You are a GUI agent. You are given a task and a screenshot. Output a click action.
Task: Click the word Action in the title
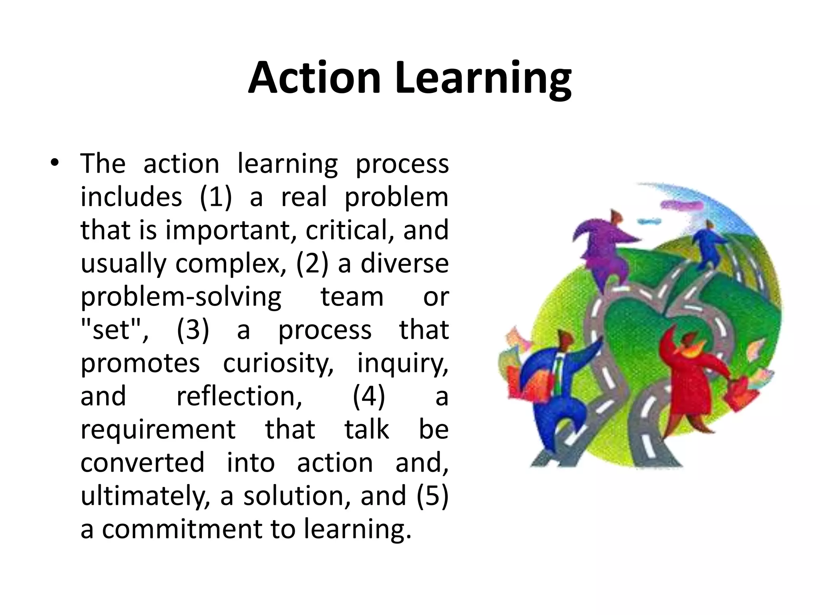pyautogui.click(x=314, y=78)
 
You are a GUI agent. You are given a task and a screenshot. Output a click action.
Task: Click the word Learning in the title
pyautogui.click(x=483, y=79)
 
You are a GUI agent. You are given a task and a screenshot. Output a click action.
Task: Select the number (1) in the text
pyautogui.click(x=216, y=197)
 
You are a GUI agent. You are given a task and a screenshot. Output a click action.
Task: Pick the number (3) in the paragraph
pyautogui.click(x=193, y=330)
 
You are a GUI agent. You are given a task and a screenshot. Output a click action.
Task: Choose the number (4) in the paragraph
pyautogui.click(x=369, y=396)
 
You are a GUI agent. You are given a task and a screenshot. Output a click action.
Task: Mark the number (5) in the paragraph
pyautogui.click(x=432, y=496)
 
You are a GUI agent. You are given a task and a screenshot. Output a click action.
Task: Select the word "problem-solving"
pyautogui.click(x=181, y=297)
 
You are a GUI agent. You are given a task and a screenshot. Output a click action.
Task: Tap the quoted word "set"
pyautogui.click(x=112, y=330)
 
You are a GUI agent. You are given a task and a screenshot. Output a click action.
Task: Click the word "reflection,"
pyautogui.click(x=239, y=396)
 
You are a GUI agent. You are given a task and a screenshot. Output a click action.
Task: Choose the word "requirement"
pyautogui.click(x=158, y=430)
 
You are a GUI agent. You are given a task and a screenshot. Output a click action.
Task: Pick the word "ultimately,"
pyautogui.click(x=145, y=496)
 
